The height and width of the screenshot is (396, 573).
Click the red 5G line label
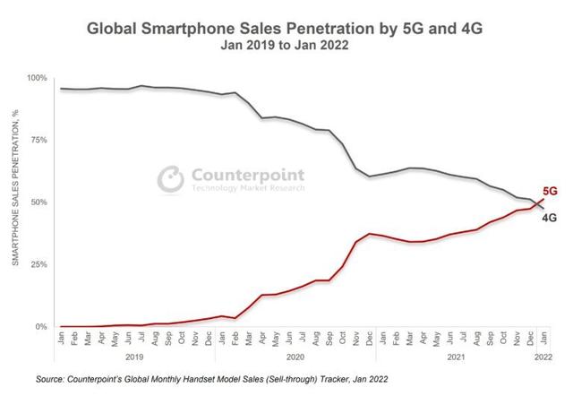click(550, 191)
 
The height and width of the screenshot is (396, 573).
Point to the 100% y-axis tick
click(38, 78)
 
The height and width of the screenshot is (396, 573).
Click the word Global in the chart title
click(112, 29)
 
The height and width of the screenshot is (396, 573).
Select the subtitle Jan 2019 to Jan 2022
click(286, 47)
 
